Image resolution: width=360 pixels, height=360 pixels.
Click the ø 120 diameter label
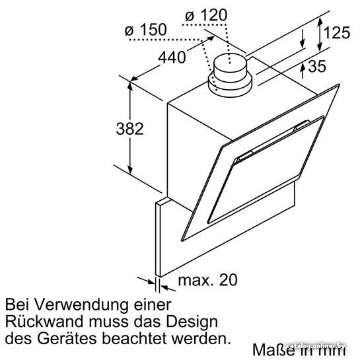(206, 15)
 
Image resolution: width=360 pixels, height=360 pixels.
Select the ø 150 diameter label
(145, 30)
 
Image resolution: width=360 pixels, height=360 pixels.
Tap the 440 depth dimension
(172, 57)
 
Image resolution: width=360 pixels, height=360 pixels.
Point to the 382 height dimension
(129, 129)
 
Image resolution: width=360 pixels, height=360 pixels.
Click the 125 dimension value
(337, 32)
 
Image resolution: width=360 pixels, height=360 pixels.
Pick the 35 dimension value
(317, 66)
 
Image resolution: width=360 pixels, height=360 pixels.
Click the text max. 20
(208, 280)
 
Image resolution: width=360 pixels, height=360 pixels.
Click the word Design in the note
(192, 322)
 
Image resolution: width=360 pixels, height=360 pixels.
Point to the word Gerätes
(67, 338)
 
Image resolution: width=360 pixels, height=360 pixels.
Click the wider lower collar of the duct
(230, 85)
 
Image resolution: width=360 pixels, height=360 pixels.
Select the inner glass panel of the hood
(266, 170)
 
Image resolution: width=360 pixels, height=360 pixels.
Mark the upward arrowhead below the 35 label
(303, 69)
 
